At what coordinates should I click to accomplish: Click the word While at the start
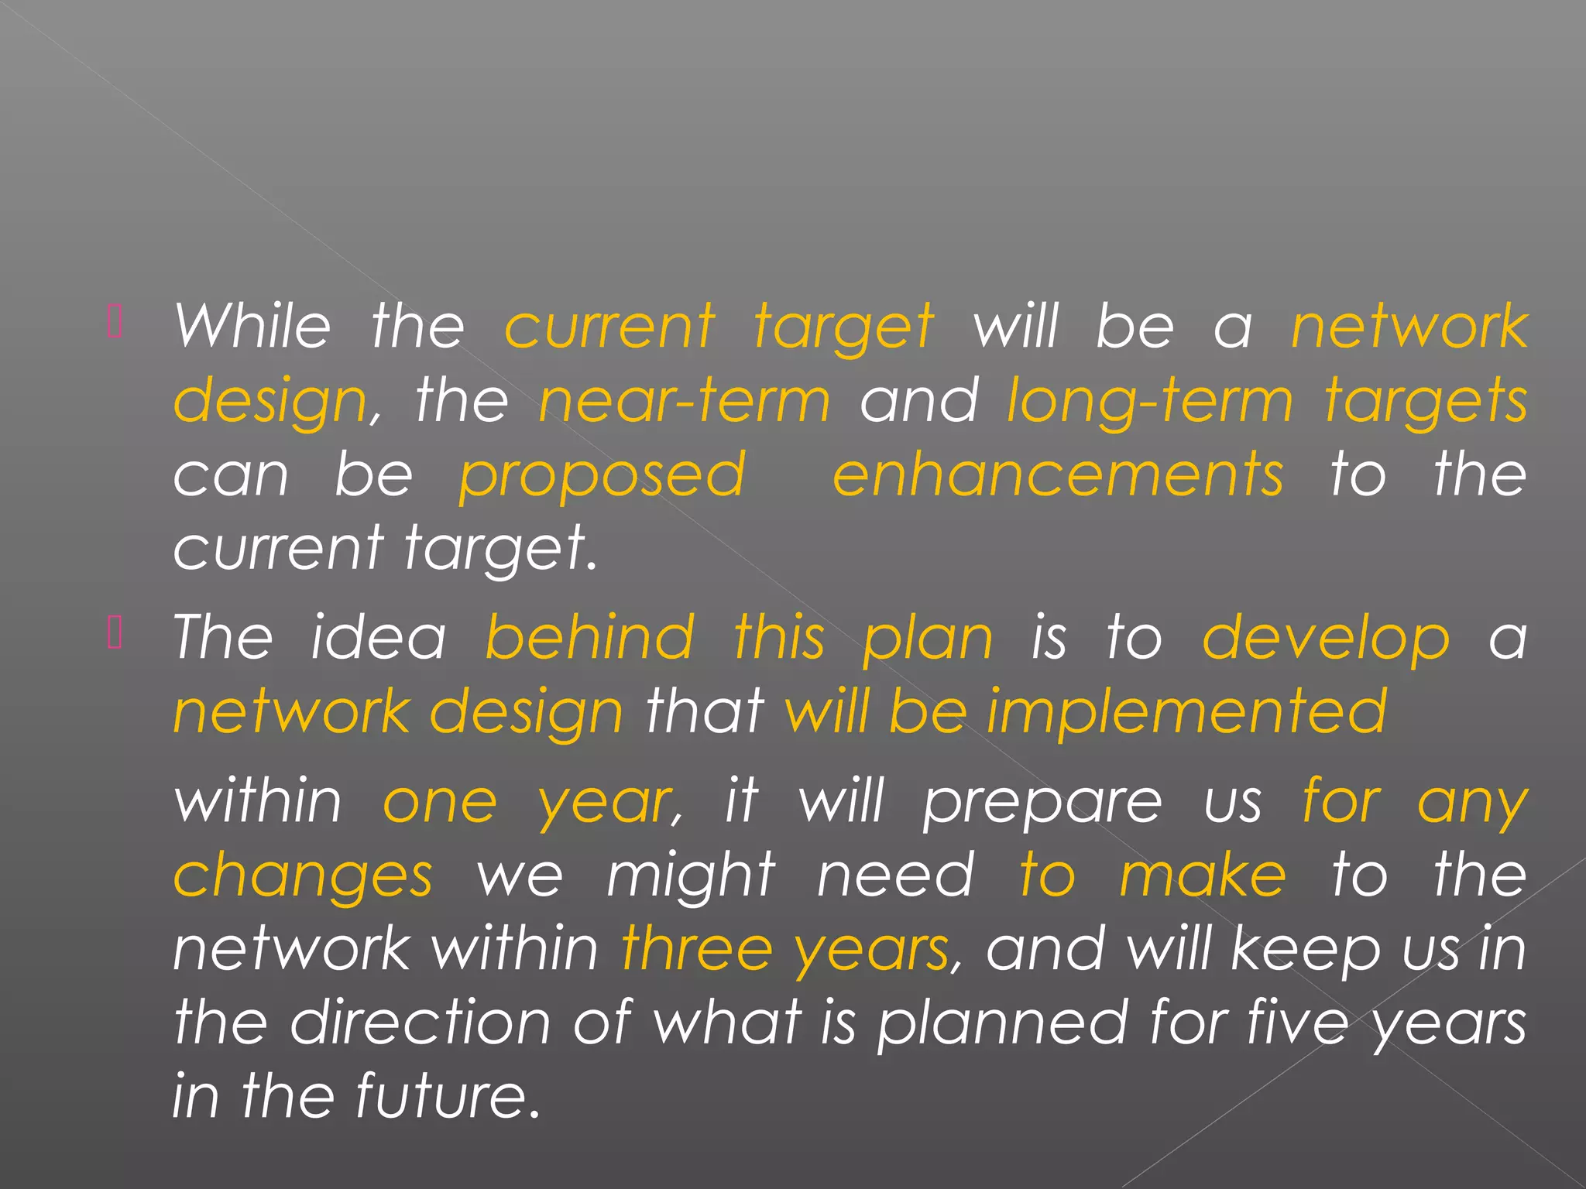[252, 326]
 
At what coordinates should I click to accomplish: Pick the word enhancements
[1058, 475]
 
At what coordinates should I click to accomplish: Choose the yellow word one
[440, 803]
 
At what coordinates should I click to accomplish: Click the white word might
[690, 877]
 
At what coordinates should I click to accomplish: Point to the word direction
[421, 1022]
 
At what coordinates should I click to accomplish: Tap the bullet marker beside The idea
[115, 633]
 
